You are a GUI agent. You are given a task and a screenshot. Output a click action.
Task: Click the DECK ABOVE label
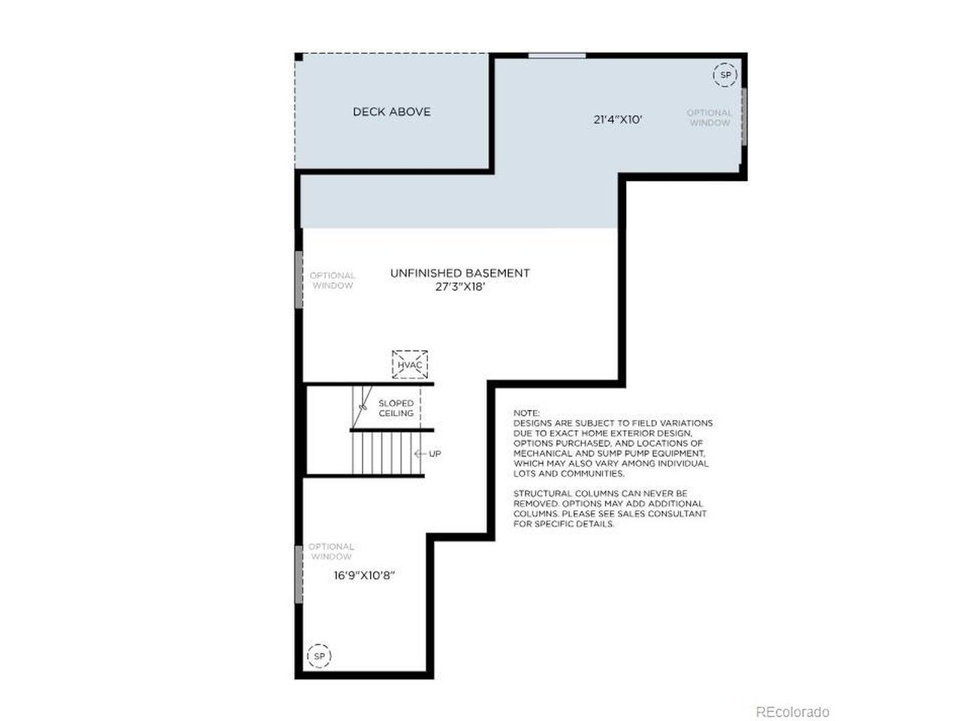391,112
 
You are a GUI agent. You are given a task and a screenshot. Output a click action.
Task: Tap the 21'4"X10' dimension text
617,119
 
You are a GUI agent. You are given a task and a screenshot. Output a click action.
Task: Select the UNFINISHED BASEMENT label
459,273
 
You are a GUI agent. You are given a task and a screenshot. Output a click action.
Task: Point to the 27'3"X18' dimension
459,287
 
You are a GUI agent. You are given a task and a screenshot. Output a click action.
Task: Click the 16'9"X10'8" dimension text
364,575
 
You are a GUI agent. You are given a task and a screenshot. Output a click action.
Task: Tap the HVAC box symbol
409,364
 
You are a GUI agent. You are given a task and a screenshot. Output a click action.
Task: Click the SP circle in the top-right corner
725,75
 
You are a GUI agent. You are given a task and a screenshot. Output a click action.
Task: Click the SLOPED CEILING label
396,408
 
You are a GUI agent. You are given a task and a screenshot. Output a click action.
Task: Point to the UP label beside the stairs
435,454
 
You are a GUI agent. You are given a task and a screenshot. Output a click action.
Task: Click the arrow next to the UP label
420,454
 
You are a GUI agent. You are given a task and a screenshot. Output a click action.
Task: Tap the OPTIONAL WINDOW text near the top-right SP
709,118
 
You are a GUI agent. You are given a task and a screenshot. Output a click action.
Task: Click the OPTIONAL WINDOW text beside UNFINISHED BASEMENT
333,280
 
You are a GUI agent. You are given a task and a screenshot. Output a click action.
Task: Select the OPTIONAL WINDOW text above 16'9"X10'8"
331,551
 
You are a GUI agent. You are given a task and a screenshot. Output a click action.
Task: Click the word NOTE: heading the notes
526,413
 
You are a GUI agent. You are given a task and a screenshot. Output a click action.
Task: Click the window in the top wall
557,56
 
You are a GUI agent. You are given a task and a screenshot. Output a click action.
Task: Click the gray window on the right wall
743,116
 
